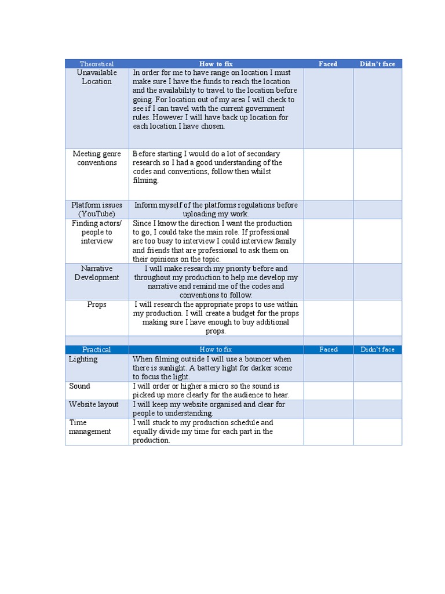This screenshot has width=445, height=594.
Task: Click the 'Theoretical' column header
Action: (x=97, y=64)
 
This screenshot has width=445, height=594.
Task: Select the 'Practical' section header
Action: (x=96, y=349)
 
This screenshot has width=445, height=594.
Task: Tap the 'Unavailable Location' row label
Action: (x=97, y=77)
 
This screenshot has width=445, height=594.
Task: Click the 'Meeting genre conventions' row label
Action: (x=97, y=158)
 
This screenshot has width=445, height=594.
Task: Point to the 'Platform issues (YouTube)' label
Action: (x=97, y=209)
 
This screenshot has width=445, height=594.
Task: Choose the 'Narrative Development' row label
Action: (x=97, y=273)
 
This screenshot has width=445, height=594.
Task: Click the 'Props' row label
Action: (x=97, y=305)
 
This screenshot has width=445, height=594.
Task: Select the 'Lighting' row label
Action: (x=83, y=359)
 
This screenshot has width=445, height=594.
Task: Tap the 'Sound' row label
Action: (x=80, y=386)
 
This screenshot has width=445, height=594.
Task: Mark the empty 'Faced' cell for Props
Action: (x=328, y=317)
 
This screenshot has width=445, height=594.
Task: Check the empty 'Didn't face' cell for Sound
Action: (x=377, y=390)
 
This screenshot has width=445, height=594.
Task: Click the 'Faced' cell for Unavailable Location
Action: (x=328, y=108)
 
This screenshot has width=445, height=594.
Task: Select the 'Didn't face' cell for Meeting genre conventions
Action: (x=377, y=174)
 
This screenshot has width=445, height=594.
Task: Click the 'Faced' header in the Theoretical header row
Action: (x=328, y=64)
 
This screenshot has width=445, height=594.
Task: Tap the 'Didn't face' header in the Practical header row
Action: (x=377, y=349)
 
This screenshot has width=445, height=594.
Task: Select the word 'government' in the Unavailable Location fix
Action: (x=264, y=108)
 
